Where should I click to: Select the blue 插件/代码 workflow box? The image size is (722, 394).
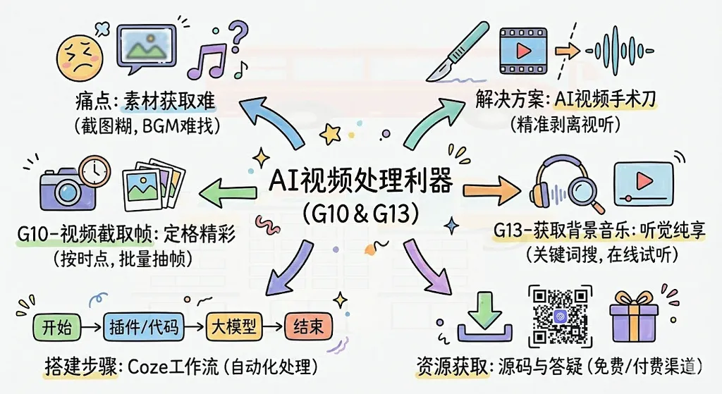144,327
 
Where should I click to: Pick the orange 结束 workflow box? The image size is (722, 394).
309,327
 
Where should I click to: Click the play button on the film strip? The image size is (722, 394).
522,51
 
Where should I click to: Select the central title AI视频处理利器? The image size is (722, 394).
361,181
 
